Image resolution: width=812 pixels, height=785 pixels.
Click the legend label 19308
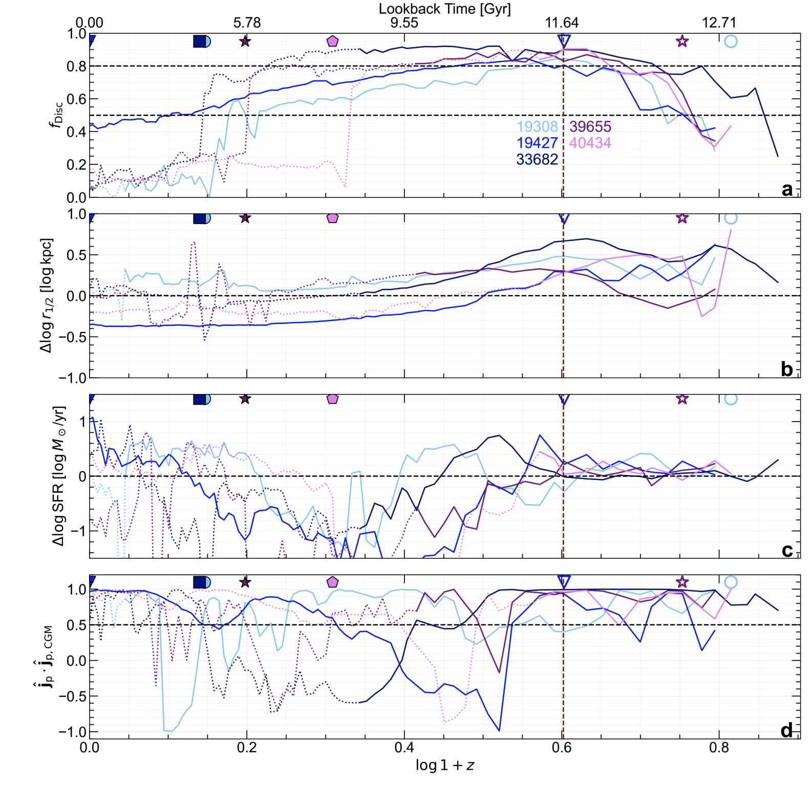coord(537,126)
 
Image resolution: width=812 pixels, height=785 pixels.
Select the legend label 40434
coord(590,143)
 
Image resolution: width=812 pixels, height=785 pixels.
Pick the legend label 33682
coord(537,159)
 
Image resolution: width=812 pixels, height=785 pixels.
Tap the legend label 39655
coord(590,126)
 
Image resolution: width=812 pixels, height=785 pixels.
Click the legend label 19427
coord(537,143)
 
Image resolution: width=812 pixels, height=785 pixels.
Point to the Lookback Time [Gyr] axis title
coord(444,9)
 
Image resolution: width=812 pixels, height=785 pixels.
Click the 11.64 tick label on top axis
coord(562,23)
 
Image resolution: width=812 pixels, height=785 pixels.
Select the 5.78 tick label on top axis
coord(247,23)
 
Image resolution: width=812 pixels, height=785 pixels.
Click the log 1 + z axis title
coord(444,765)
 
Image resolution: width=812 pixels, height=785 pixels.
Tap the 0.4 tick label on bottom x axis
coord(404,747)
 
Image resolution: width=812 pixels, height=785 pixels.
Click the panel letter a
coord(787,189)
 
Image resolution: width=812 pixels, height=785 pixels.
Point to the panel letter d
coord(787,730)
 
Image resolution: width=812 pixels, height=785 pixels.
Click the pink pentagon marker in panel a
coord(332,41)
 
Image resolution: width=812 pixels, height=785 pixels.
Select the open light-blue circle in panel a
coord(731,41)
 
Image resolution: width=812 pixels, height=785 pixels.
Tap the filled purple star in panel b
coord(245,218)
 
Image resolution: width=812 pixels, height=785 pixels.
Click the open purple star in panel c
coord(682,399)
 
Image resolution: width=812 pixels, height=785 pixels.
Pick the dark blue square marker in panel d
coord(200,582)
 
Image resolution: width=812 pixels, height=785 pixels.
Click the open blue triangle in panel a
coord(564,41)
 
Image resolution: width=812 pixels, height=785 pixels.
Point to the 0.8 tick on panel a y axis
coord(76,66)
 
